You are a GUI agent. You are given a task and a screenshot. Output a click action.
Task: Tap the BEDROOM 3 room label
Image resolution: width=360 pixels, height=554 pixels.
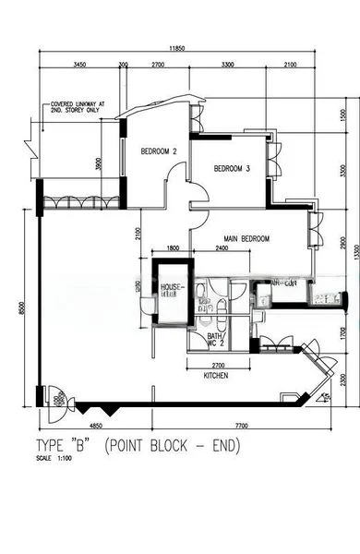coord(233,169)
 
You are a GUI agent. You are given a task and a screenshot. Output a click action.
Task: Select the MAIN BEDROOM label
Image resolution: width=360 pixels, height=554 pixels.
coord(246,238)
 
